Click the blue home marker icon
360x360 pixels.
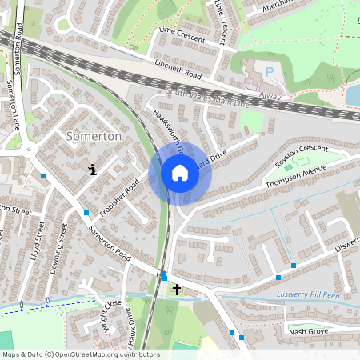point(180,173)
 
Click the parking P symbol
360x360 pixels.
point(270,71)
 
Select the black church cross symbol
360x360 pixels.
point(177,289)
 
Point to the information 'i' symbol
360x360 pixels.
point(94,169)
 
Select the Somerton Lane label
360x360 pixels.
point(14,104)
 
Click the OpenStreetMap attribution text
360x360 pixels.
point(80,354)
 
